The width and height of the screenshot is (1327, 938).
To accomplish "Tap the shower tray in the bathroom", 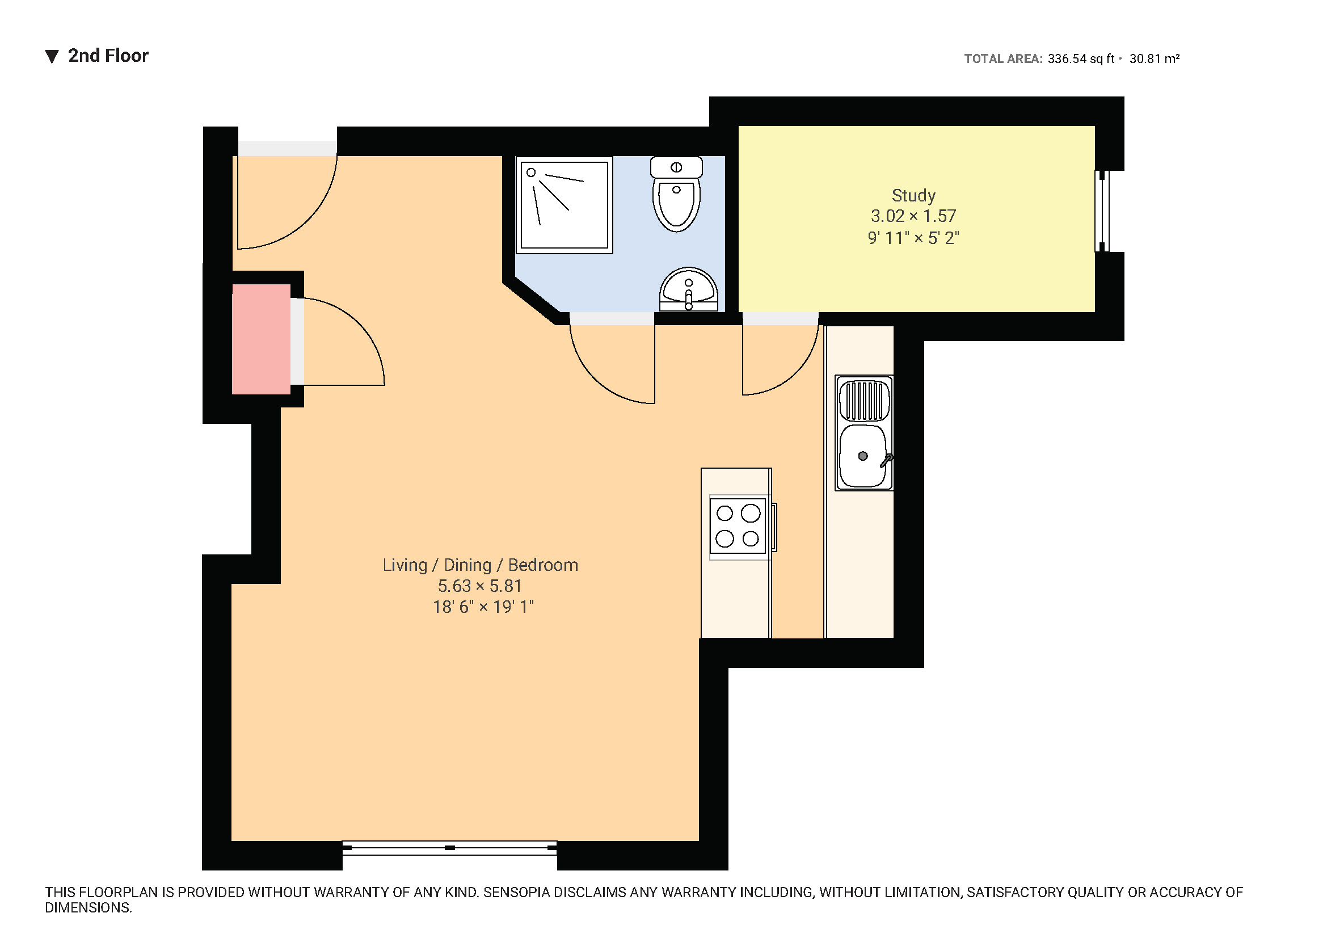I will click(x=564, y=205).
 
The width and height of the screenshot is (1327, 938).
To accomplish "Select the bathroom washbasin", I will click(x=688, y=289).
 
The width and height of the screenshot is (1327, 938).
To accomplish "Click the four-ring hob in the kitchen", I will click(x=738, y=526).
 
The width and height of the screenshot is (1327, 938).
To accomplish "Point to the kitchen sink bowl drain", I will click(x=863, y=456).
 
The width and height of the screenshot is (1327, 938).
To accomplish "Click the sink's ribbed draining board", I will click(x=864, y=401).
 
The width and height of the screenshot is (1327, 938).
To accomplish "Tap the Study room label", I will click(x=913, y=195).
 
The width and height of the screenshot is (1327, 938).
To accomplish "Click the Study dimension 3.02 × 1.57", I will click(x=913, y=216).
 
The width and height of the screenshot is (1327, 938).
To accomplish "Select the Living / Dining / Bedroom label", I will click(x=480, y=565).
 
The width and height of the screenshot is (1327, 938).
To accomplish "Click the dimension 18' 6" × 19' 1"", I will click(x=483, y=607).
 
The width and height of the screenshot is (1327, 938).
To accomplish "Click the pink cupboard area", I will click(x=261, y=339).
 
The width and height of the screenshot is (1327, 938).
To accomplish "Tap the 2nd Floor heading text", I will click(x=108, y=56).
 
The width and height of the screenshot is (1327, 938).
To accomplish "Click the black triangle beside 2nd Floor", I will click(x=52, y=57).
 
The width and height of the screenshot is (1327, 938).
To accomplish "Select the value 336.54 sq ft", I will click(x=1081, y=59).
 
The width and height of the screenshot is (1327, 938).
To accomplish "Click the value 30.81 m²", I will click(x=1154, y=59).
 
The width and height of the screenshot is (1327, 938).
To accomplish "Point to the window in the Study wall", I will click(x=1103, y=211).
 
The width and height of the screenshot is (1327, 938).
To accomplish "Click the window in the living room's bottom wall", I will click(x=450, y=847).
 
